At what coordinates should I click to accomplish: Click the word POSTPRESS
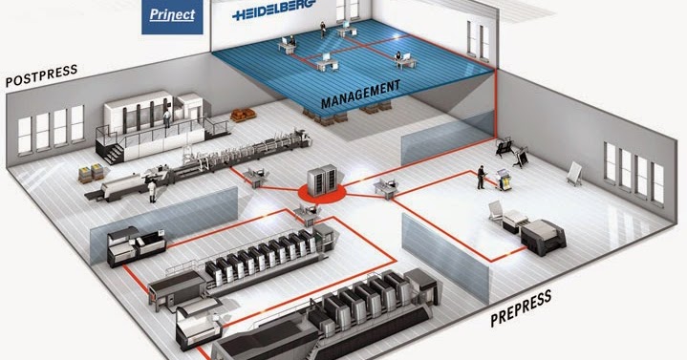point(41,77)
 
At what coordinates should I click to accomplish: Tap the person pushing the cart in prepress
point(481,178)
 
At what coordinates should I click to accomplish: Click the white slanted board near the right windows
point(574,174)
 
